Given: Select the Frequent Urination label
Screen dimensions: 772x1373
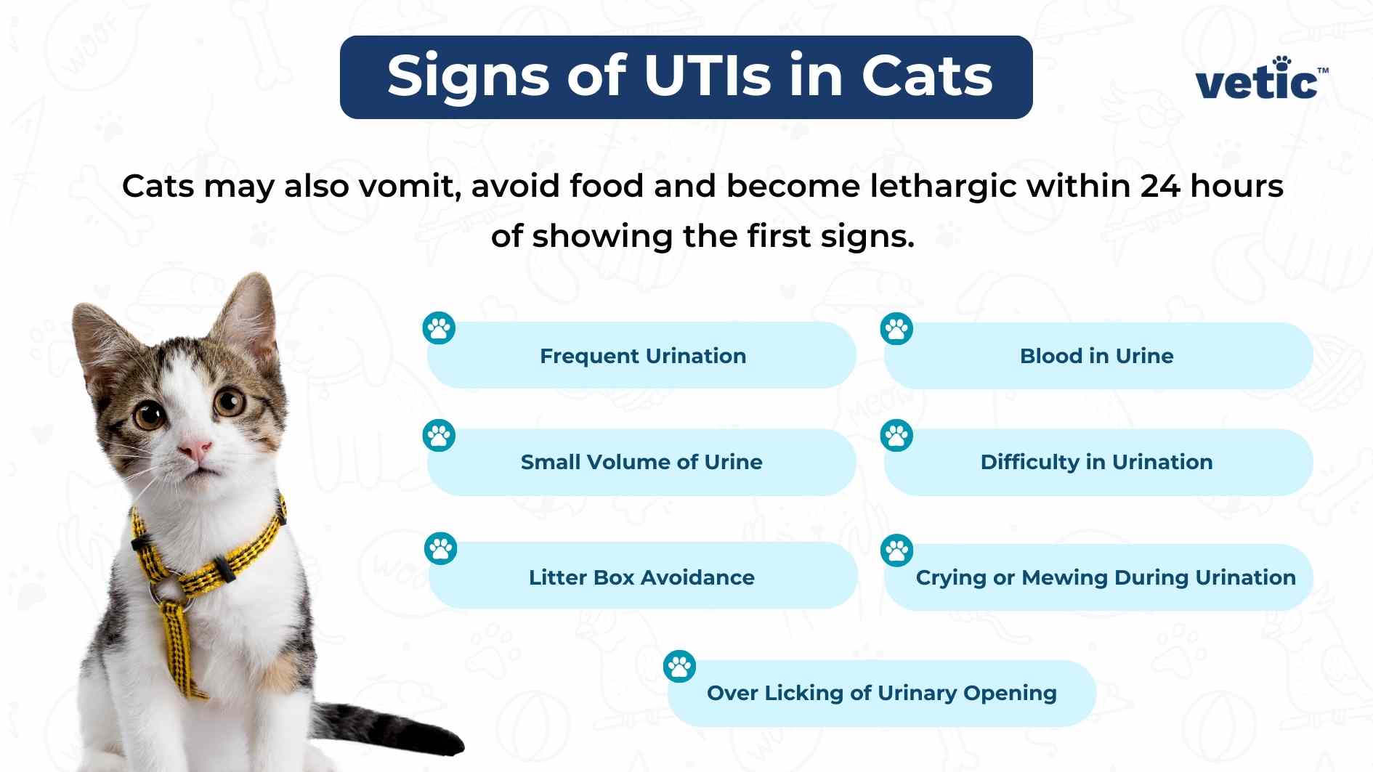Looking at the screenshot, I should point(643,356).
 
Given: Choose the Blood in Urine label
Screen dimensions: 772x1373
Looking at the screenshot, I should point(1096,356).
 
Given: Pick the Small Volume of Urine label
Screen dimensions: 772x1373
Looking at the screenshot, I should point(641,462).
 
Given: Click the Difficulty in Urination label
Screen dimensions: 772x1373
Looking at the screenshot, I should point(1096,462).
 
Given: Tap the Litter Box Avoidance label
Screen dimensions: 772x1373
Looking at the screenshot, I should point(641,577).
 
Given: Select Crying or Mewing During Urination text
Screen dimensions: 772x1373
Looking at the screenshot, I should point(1105,577).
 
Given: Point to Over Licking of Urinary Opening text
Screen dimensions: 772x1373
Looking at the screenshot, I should point(881,693).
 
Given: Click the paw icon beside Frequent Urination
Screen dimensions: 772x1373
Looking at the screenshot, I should point(439,329).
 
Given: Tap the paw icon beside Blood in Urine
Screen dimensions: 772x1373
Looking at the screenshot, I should point(896,329).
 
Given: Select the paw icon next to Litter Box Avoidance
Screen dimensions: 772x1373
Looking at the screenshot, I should point(440,549).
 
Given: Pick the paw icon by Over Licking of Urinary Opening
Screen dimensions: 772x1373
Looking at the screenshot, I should point(680,666).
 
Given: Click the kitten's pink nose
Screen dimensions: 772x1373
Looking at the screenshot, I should point(195,448).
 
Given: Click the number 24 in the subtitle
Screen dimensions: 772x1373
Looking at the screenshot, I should point(1160,186).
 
